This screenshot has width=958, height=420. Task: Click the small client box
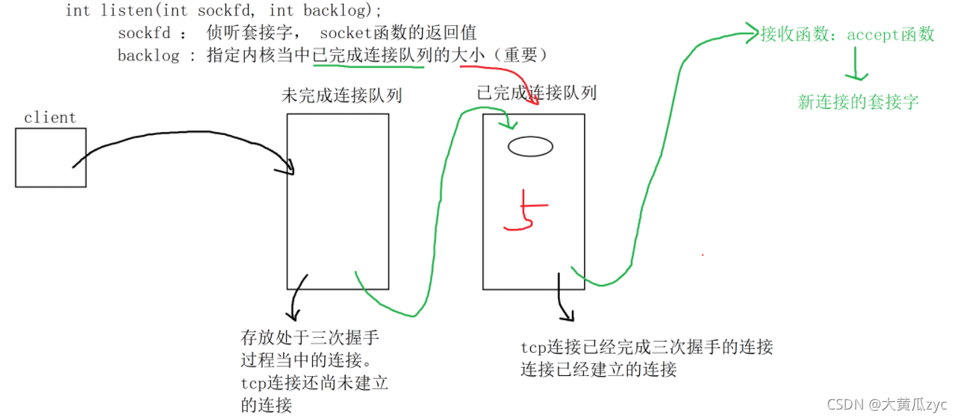click(x=51, y=157)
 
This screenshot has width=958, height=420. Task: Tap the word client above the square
click(x=50, y=117)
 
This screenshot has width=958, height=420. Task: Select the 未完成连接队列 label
click(x=341, y=95)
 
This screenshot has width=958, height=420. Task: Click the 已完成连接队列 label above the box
click(x=536, y=93)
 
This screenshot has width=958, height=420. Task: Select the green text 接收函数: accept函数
click(x=847, y=34)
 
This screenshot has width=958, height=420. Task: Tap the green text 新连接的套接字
click(x=858, y=102)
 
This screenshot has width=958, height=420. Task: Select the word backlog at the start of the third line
click(x=148, y=56)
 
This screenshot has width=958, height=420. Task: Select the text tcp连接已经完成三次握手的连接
click(x=647, y=347)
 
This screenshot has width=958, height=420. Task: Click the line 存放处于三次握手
click(x=310, y=337)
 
